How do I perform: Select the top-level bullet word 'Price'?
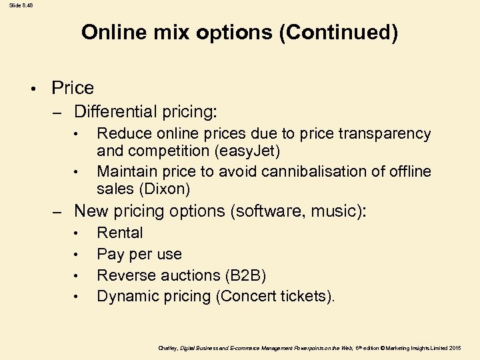[x=73, y=88]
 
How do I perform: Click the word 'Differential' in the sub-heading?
[x=115, y=110]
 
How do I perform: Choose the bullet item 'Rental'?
[x=120, y=233]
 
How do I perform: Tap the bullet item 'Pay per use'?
[x=139, y=254]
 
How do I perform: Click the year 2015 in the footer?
[x=455, y=347]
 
